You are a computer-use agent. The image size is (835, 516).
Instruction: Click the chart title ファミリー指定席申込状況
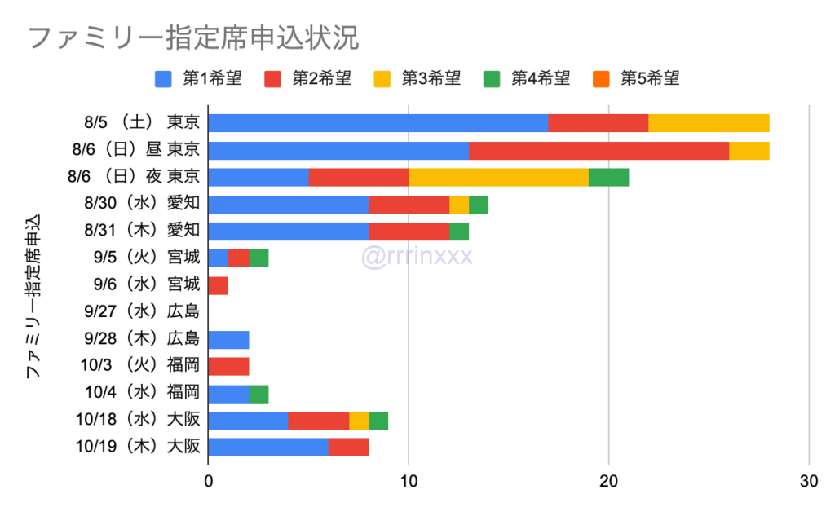[194, 37]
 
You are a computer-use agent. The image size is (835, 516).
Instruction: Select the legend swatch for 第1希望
[163, 79]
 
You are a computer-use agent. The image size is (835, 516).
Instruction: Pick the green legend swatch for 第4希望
[491, 79]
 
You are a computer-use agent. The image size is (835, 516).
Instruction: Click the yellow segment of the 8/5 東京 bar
[709, 123]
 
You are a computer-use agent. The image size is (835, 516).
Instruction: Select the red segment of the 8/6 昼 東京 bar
[599, 150]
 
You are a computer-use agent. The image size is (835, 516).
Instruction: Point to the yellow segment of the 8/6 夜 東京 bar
[498, 177]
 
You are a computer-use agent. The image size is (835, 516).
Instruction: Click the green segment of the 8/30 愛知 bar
[479, 205]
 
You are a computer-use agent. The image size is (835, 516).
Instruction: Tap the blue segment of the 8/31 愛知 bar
[289, 232]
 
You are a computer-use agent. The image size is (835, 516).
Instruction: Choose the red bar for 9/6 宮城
[219, 285]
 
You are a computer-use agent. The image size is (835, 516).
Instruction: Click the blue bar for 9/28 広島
[228, 339]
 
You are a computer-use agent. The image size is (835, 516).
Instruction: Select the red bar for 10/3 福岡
[228, 366]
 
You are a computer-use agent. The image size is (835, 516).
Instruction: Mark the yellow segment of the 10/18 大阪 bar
[359, 421]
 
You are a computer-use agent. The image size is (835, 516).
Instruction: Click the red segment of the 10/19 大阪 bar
[348, 448]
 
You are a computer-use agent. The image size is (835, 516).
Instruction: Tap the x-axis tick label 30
[808, 481]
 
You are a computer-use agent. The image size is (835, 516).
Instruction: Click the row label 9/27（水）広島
[141, 311]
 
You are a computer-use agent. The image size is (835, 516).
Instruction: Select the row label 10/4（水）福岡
[141, 393]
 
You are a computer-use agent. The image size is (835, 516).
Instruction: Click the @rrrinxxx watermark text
[417, 257]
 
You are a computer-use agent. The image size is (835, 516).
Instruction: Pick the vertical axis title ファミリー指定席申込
[33, 297]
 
